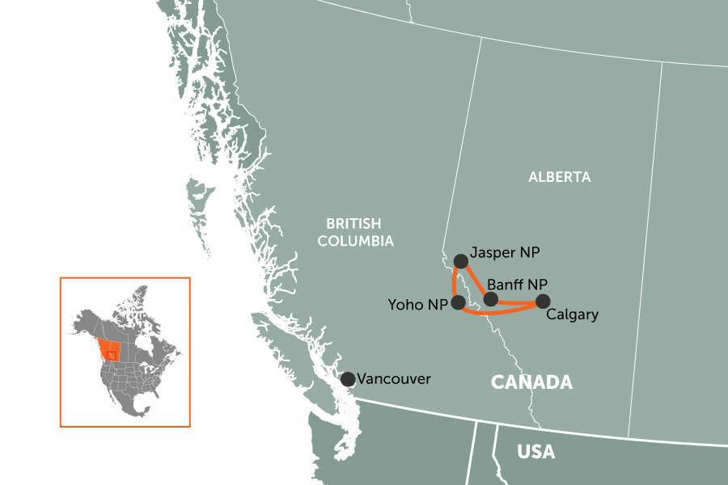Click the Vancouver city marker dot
click(347, 379)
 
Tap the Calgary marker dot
click(542, 302)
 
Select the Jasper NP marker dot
click(460, 261)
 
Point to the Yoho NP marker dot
click(458, 303)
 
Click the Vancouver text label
click(394, 379)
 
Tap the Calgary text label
click(572, 315)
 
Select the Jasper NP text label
click(504, 253)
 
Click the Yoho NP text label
click(416, 304)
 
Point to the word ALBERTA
click(560, 177)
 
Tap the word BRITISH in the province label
click(353, 224)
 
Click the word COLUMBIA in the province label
click(355, 241)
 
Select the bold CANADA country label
click(531, 382)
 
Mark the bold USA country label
click(535, 452)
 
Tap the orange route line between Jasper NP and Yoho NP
click(454, 282)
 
